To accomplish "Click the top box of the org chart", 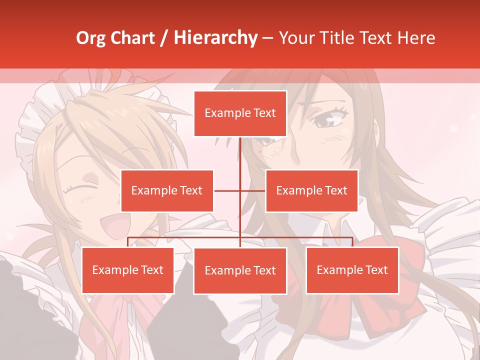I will (240, 113).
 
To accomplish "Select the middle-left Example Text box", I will (167, 190).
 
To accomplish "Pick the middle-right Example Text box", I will (311, 190).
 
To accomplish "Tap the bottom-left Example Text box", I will (128, 270).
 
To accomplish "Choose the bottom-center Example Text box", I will (240, 270).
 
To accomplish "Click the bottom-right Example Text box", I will (352, 270).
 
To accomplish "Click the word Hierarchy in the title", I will (215, 38).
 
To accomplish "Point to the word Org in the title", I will (91, 38).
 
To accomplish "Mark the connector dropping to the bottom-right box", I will (352, 242).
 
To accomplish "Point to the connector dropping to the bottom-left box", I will (128, 242).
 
